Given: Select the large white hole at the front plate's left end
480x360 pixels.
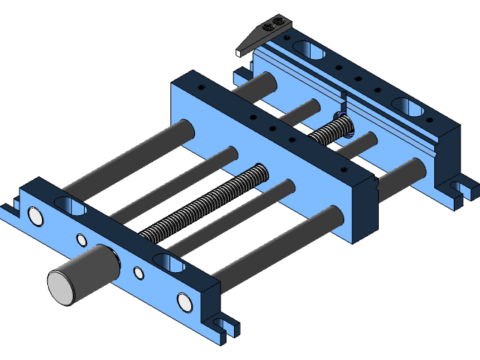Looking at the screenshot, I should [35, 217].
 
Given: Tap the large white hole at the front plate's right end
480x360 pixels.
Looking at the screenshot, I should [184, 301].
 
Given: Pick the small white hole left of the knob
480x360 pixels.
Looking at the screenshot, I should [82, 240].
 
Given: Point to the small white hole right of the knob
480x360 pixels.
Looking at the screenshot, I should [138, 273].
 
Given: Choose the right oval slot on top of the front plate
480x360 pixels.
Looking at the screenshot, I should [169, 263].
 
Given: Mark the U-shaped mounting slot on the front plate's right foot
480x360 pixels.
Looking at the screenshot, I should [220, 325].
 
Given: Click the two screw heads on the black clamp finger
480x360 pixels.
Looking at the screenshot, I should [279, 23].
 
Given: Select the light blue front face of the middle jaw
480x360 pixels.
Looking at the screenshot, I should [262, 165].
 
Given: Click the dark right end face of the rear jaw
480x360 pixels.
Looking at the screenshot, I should [448, 154].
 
